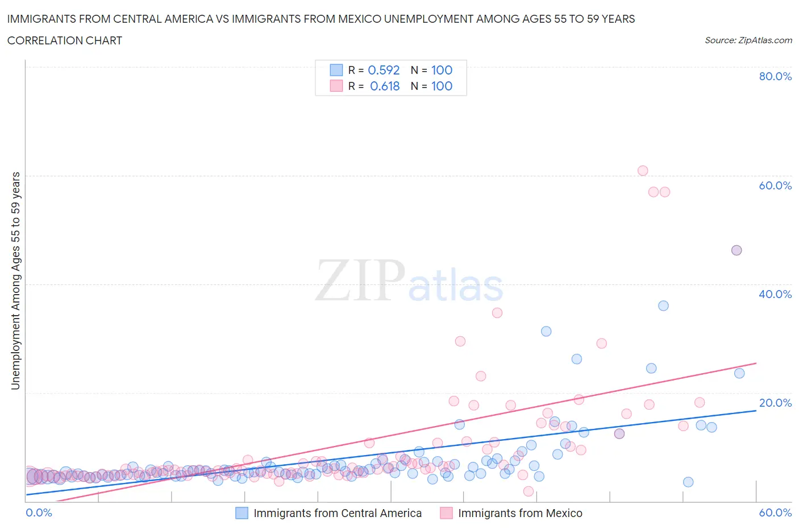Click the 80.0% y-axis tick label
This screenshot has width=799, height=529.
pyautogui.click(x=775, y=77)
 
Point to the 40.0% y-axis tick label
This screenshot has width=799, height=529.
pyautogui.click(x=775, y=294)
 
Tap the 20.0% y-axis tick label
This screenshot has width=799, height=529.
pyautogui.click(x=775, y=403)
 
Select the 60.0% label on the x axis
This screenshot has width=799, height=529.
pyautogui.click(x=775, y=513)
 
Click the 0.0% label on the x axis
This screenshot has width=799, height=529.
pyautogui.click(x=39, y=513)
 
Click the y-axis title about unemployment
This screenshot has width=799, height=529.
pyautogui.click(x=15, y=281)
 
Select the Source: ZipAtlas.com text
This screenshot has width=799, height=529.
pyautogui.click(x=748, y=40)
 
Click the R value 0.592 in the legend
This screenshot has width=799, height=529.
pyautogui.click(x=384, y=70)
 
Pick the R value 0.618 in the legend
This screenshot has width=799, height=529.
pyautogui.click(x=385, y=86)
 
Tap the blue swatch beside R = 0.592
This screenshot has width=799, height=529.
pyautogui.click(x=336, y=70)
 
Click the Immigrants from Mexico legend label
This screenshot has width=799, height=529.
pyautogui.click(x=520, y=513)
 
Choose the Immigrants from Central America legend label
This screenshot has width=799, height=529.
pyautogui.click(x=338, y=513)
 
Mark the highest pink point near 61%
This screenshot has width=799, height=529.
pyautogui.click(x=643, y=171)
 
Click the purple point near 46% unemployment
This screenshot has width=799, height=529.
pyautogui.click(x=736, y=250)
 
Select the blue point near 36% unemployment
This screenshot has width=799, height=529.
pyautogui.click(x=663, y=305)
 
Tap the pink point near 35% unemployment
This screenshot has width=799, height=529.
pyautogui.click(x=497, y=313)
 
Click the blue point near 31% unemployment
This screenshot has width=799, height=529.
pyautogui.click(x=546, y=331)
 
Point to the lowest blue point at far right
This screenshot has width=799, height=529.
pyautogui.click(x=688, y=482)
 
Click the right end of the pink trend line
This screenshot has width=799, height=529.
pyautogui.click(x=756, y=363)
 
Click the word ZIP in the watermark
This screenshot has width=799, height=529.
pyautogui.click(x=360, y=280)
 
